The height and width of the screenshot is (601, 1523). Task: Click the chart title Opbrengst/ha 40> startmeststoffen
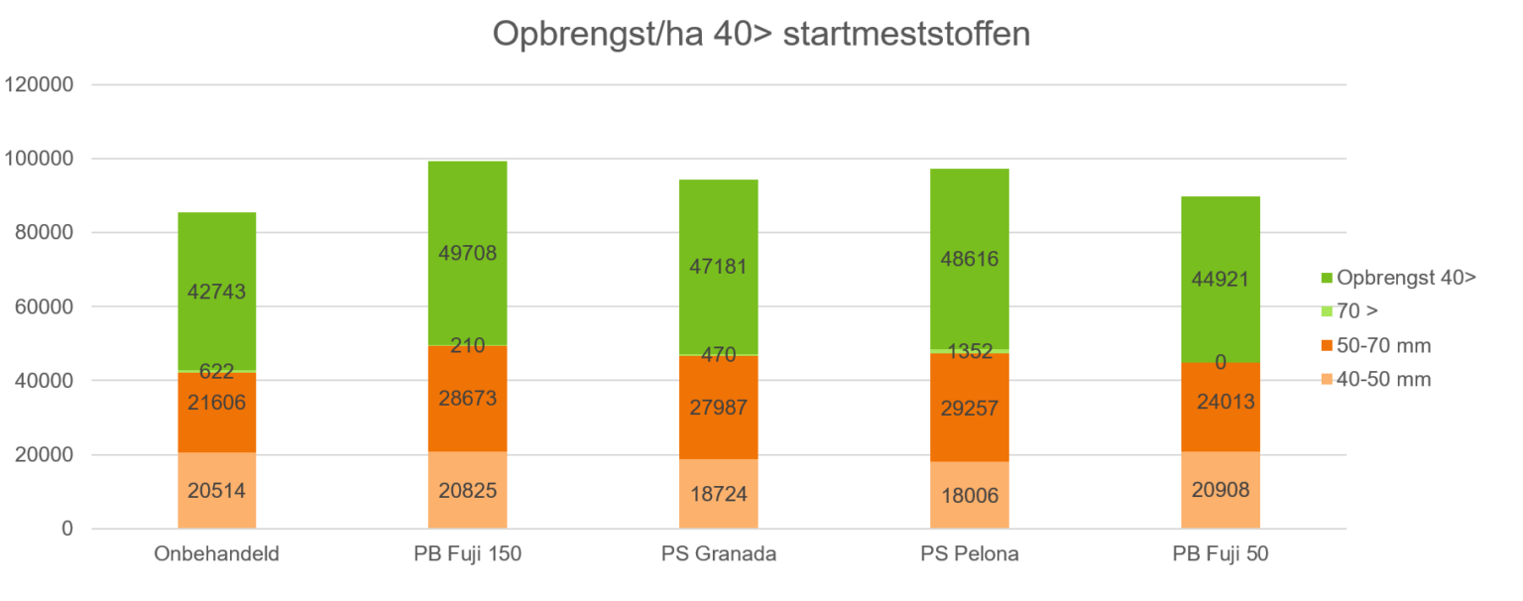pos(761,35)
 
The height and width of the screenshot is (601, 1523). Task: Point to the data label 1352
pos(969,351)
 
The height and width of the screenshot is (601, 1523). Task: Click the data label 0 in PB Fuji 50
pos(1221,363)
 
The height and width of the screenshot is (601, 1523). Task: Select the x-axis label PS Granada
pos(719,554)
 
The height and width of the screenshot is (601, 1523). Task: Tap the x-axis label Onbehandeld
pos(217,554)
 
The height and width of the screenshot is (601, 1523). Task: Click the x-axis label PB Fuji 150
pos(467,554)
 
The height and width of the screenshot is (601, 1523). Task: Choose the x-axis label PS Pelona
pos(969,554)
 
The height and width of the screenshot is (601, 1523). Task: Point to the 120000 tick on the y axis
pos(40,85)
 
